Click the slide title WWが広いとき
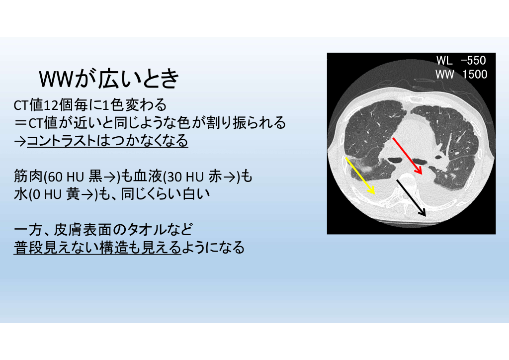pyautogui.click(x=109, y=79)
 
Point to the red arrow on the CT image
pyautogui.click(x=407, y=156)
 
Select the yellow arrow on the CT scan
pyautogui.click(x=360, y=176)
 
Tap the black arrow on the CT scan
pyautogui.click(x=411, y=197)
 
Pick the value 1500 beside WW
pyautogui.click(x=475, y=75)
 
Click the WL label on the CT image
pyautogui.click(x=444, y=60)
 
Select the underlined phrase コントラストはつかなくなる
pyautogui.click(x=107, y=141)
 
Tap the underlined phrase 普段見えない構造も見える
pyautogui.click(x=97, y=247)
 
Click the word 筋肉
pyautogui.click(x=28, y=177)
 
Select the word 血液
pyautogui.click(x=148, y=177)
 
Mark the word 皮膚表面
pyautogui.click(x=82, y=230)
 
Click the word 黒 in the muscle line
pyautogui.click(x=95, y=177)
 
